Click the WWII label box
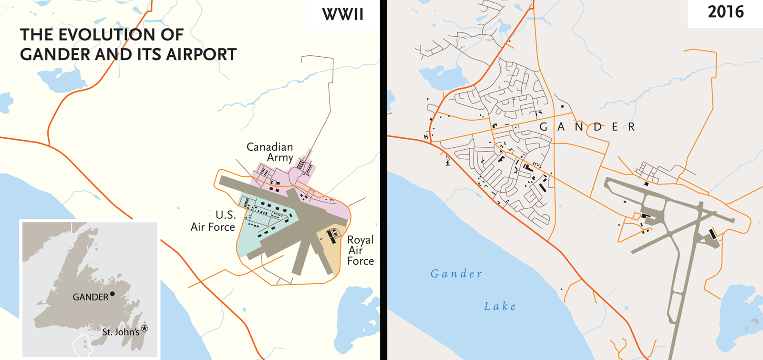point(342,14)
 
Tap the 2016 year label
point(725,12)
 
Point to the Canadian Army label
point(270,152)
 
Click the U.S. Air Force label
point(213,221)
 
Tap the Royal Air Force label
point(360,250)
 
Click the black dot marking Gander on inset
point(113,294)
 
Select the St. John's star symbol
point(144,329)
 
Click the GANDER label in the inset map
point(90,298)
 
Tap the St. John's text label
point(121,332)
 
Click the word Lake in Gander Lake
point(500,306)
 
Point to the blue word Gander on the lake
point(456,274)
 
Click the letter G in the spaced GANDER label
point(543,127)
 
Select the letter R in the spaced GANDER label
point(631,127)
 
